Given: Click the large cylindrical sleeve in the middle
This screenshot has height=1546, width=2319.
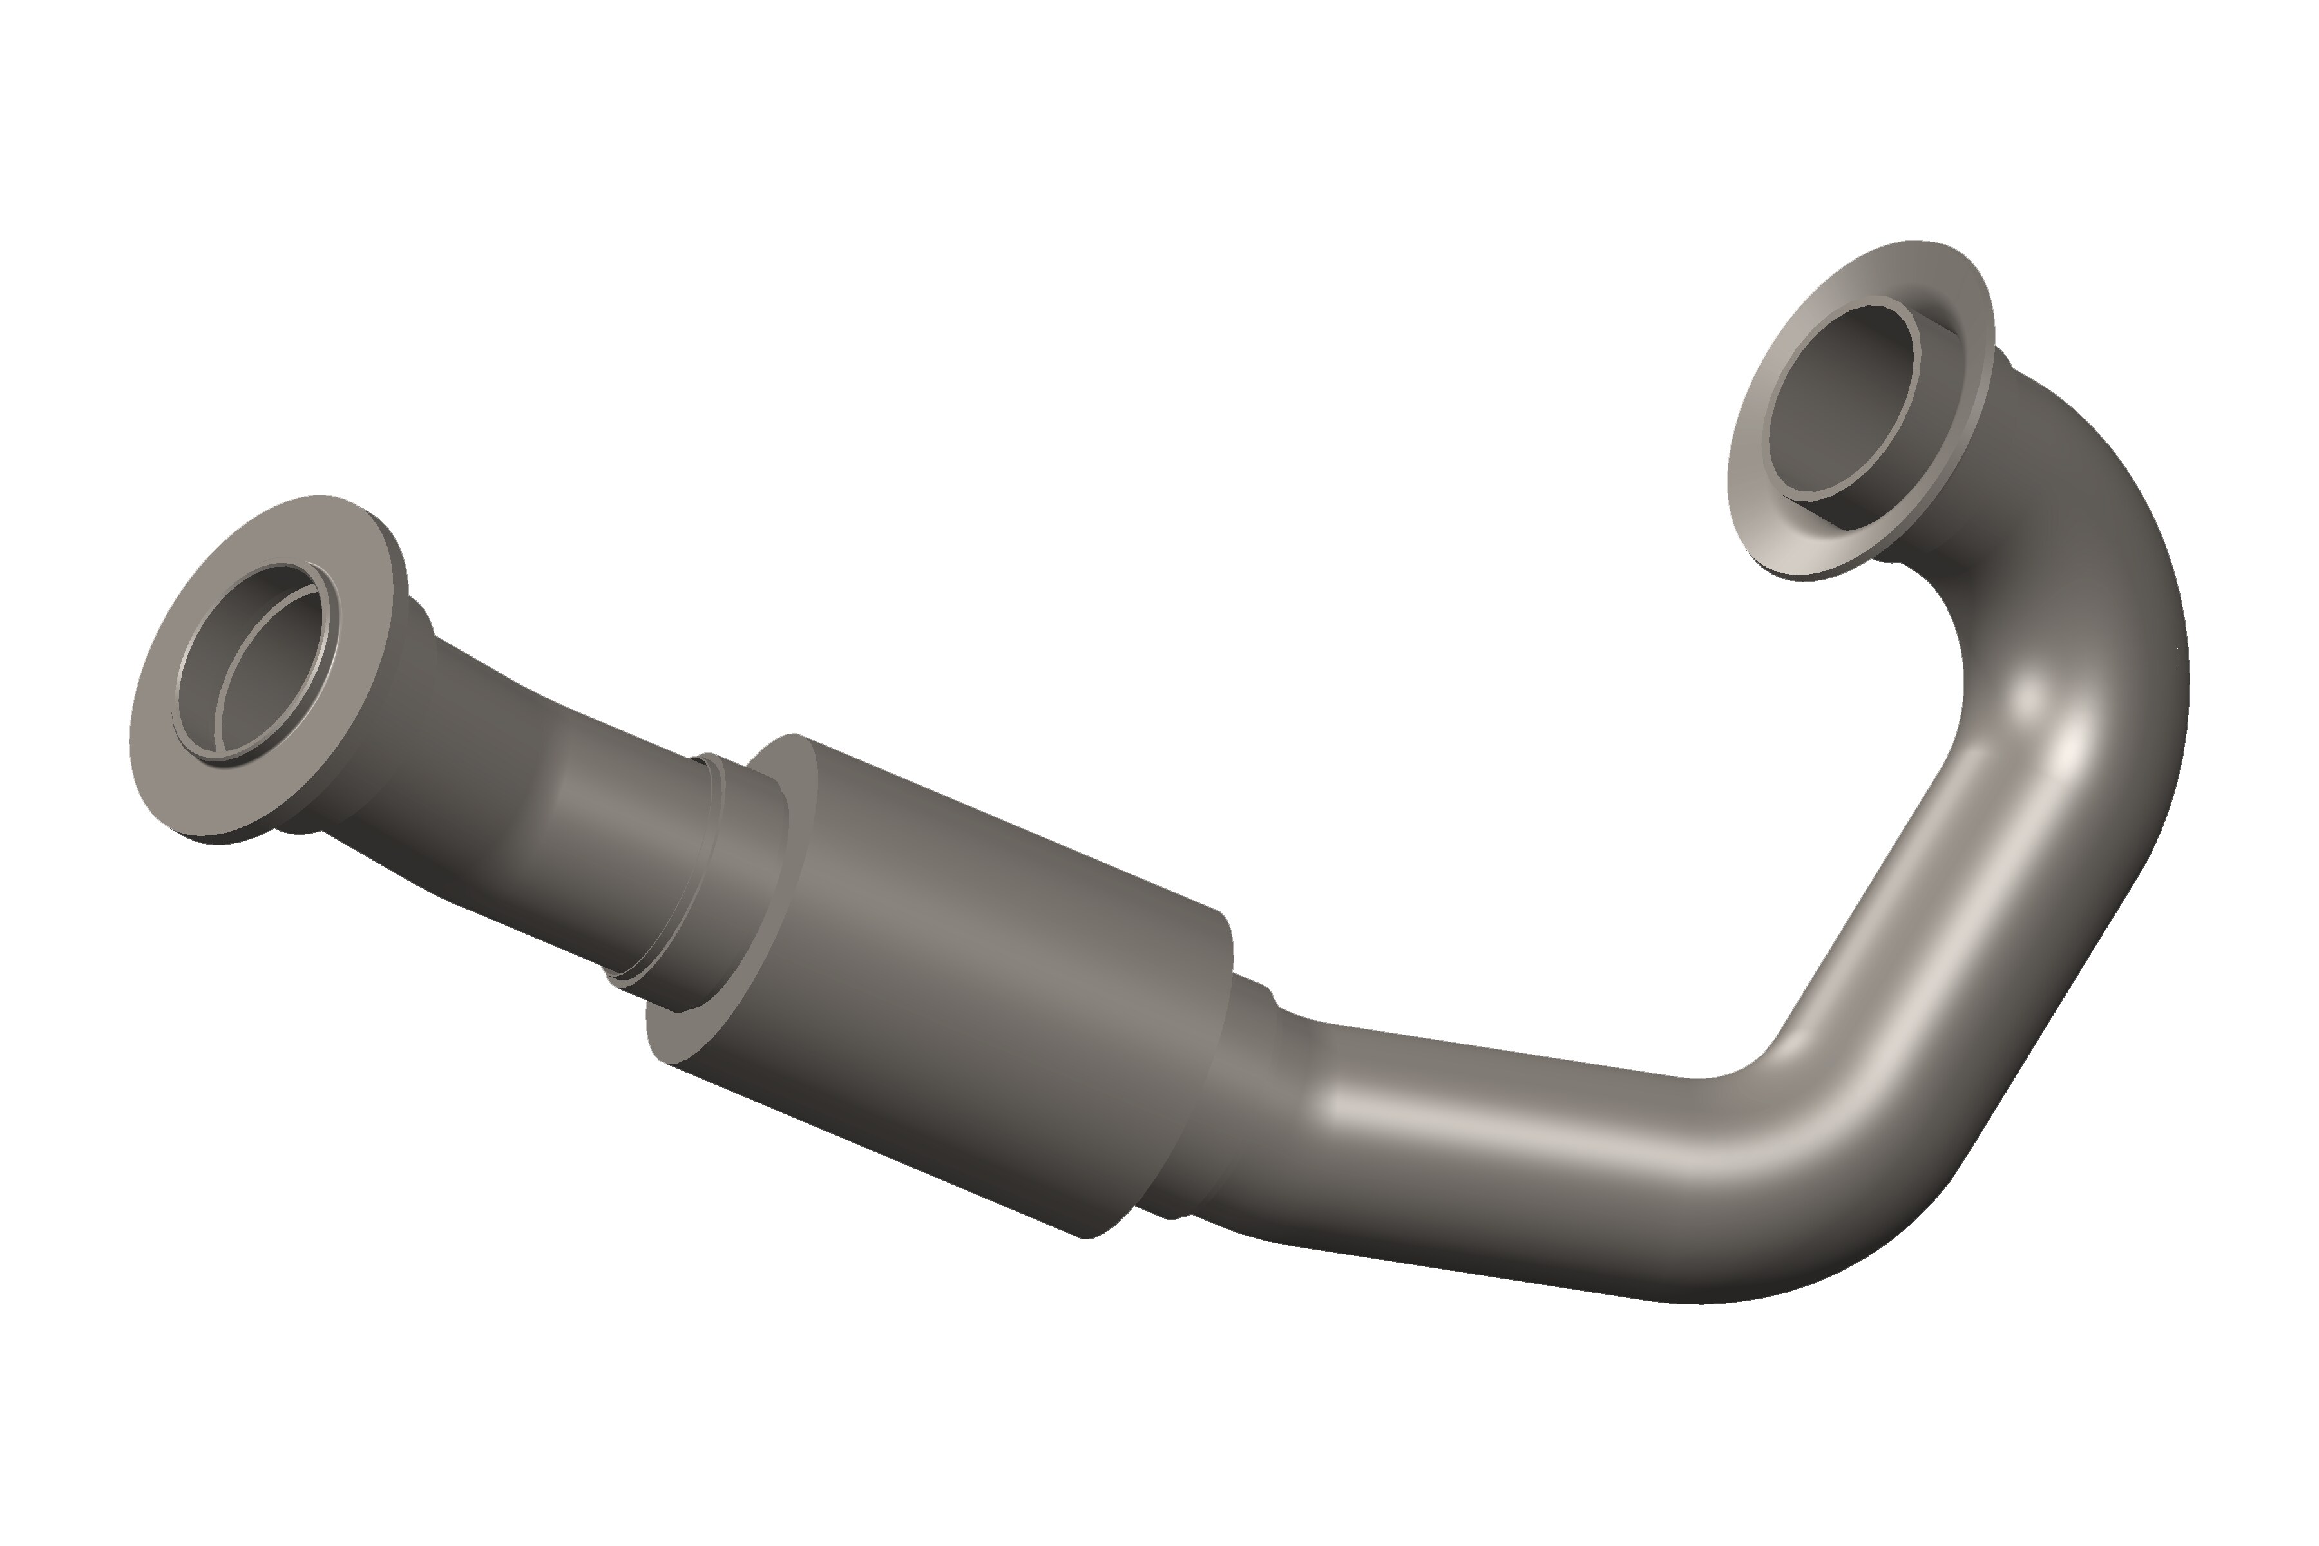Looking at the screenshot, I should click(986, 946).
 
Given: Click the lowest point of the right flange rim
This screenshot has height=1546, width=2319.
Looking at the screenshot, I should click(1804, 577).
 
